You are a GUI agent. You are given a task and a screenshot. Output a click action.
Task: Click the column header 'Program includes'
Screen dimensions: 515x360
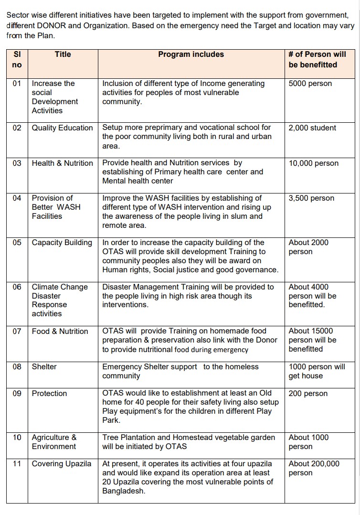(191, 54)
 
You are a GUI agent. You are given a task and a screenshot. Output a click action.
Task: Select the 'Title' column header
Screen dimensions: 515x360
(63, 54)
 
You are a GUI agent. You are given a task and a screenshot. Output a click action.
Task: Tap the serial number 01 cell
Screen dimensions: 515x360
(17, 84)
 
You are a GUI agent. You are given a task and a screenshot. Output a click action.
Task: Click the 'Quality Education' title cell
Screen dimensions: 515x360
(62, 128)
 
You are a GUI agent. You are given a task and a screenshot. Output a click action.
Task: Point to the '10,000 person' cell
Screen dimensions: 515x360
(314, 163)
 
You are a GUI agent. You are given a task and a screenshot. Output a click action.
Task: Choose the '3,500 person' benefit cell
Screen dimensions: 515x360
(311, 198)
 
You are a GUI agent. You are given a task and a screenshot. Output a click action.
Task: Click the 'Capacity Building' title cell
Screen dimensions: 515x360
(62, 243)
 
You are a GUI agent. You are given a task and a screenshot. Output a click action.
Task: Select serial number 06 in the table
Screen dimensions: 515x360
(17, 287)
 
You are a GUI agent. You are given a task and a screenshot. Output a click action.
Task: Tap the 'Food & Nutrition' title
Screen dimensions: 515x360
(60, 332)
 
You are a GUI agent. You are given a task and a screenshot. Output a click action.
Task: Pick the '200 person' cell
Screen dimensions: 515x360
(308, 394)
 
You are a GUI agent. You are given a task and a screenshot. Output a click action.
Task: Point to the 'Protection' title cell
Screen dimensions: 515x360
(50, 394)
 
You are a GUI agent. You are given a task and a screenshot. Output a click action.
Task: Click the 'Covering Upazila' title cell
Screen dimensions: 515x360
(62, 464)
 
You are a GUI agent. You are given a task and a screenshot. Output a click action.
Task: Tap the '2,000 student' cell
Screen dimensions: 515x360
(312, 128)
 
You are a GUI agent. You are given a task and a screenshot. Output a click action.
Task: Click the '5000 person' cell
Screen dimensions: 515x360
(310, 84)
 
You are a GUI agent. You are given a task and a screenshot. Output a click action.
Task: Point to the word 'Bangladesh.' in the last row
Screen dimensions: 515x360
(124, 491)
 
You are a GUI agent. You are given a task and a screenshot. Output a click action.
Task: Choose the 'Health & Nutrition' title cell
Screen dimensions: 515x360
(63, 163)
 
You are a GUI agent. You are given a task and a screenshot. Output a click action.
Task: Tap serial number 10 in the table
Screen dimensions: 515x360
(17, 438)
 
